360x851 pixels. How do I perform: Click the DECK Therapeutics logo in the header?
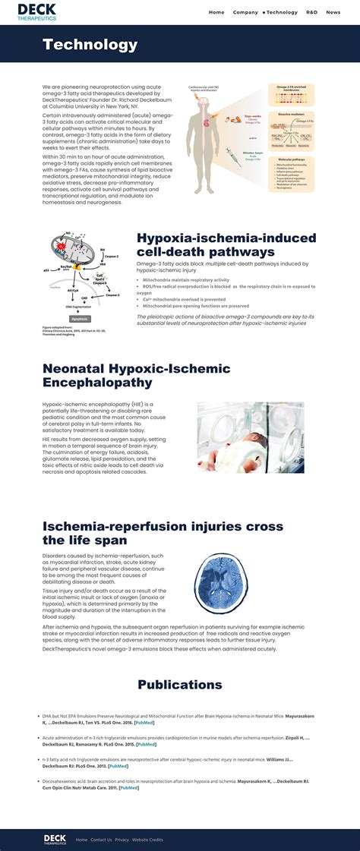37,11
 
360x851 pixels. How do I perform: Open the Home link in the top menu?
216,12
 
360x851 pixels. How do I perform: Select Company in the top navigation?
245,12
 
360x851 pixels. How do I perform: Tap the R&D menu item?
312,12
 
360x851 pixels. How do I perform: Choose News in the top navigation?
333,12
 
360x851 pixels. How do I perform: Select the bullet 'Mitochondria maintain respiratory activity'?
186,279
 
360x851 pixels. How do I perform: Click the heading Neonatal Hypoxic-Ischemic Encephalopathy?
136,376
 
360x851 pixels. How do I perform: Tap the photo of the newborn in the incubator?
250,437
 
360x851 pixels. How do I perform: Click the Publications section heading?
180,685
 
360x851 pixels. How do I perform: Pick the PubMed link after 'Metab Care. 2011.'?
129,787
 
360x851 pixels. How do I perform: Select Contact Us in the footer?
101,840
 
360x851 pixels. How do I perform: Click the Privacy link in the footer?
122,840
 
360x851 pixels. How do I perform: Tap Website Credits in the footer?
147,840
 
